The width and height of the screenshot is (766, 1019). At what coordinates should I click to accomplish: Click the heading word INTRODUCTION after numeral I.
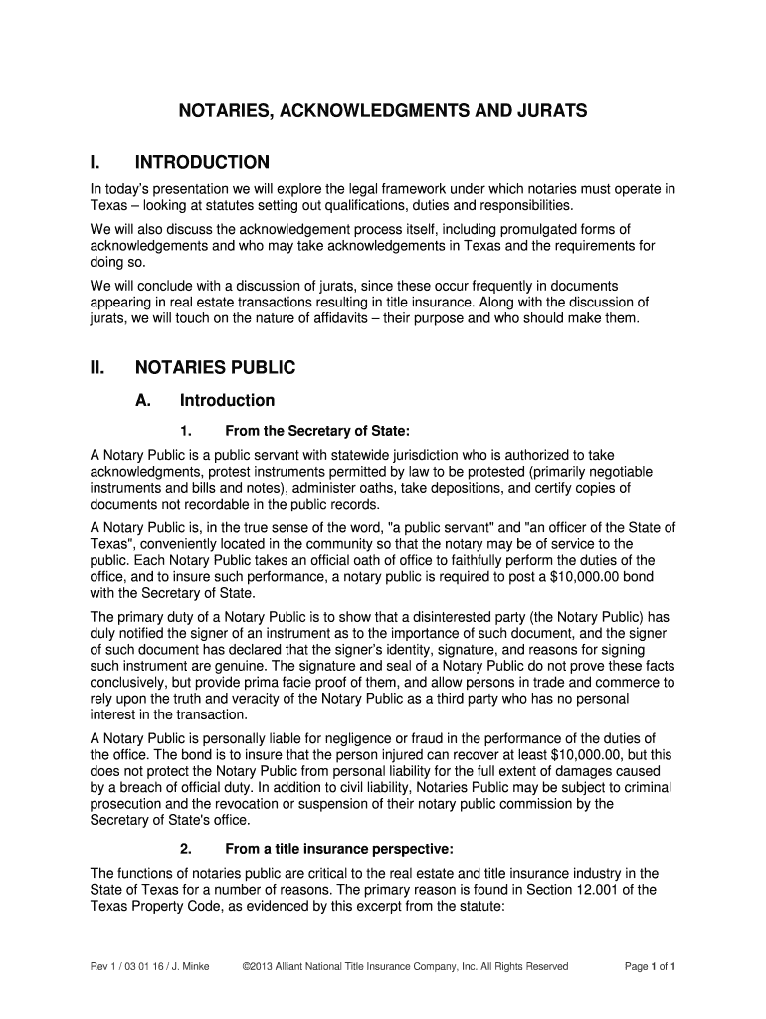tap(202, 162)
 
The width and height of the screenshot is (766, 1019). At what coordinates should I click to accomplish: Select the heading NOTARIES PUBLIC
tap(215, 367)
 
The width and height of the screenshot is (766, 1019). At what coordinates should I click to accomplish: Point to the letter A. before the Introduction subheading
tap(143, 400)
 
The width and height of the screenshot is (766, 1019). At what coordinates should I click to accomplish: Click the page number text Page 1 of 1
tap(651, 966)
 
